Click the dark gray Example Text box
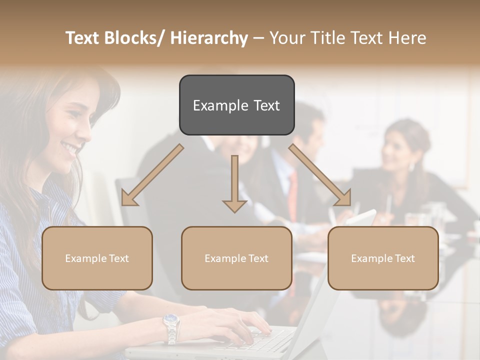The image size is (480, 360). coord(236,105)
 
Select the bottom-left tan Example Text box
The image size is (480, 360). coord(97,258)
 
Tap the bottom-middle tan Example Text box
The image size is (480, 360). coord(236,258)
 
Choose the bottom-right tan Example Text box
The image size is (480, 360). coord(383,258)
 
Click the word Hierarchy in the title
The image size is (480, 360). coord(209,38)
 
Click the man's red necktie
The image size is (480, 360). coord(292,195)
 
